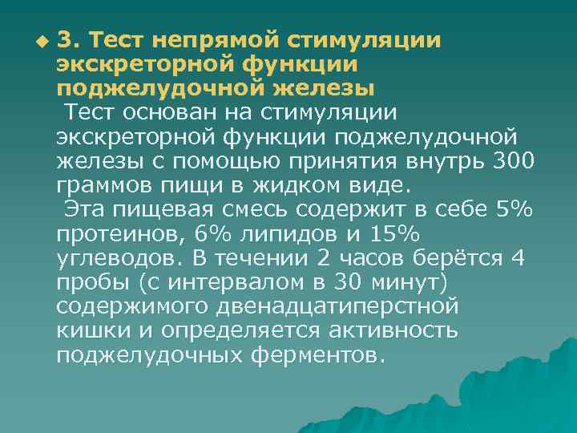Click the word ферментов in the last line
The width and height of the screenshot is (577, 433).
click(x=321, y=355)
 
